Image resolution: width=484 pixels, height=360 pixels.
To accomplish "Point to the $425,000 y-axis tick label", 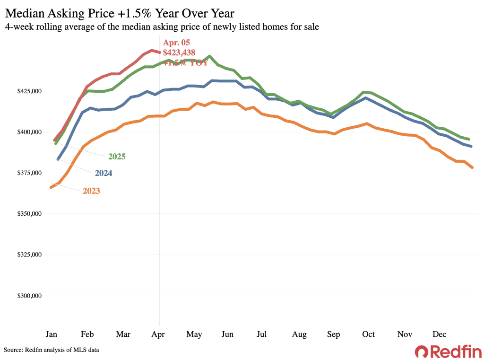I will click(x=29, y=91).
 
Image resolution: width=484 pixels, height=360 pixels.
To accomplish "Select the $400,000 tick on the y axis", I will click(x=29, y=132).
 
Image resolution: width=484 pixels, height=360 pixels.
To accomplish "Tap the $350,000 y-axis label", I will click(x=29, y=214).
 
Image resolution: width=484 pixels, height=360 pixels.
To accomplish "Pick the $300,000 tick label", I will click(x=29, y=296).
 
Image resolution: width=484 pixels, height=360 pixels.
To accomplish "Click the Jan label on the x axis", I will click(x=52, y=334).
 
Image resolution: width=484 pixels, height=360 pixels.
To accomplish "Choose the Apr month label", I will click(x=159, y=334).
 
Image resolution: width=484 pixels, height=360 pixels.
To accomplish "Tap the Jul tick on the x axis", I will click(x=261, y=334).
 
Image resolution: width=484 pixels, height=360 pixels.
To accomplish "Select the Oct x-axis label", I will click(x=368, y=334).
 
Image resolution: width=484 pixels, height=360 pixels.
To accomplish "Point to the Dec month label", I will click(x=440, y=334).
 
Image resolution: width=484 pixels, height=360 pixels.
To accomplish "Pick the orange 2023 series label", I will click(x=91, y=191).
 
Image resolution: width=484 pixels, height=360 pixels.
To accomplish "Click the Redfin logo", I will click(x=448, y=351).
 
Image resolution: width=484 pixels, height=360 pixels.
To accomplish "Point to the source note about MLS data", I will click(x=52, y=350).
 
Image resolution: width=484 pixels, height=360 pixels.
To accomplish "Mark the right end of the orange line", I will click(x=472, y=167).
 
